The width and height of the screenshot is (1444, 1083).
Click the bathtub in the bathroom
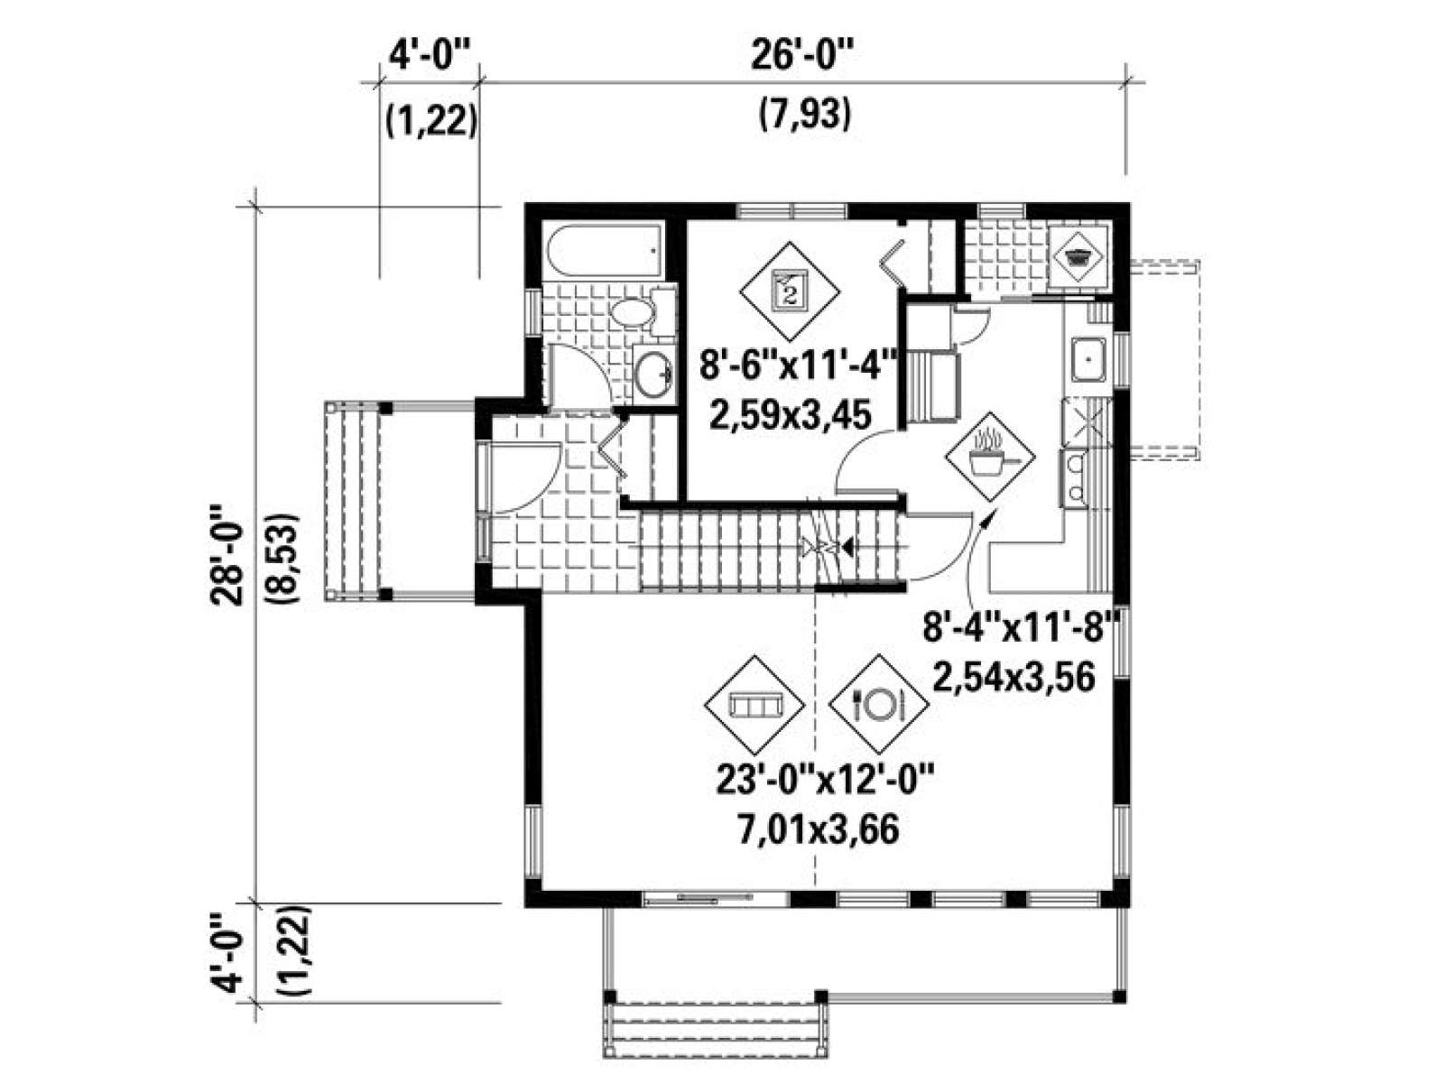603,253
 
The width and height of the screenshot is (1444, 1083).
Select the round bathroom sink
653,374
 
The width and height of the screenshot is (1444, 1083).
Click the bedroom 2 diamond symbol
790,290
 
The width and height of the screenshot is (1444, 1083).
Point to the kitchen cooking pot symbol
989,457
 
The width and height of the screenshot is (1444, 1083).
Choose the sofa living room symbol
754,706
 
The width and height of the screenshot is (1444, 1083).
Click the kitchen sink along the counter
1089,359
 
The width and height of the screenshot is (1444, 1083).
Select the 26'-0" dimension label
802,57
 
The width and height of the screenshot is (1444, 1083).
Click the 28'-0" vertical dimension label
227,555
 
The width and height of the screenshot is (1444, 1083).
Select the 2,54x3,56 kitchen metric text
1014,677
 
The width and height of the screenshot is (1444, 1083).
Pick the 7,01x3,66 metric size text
818,830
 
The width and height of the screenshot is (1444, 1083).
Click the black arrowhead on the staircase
847,545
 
